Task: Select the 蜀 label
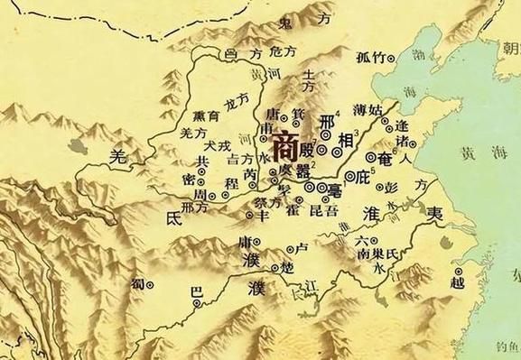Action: point(138,282)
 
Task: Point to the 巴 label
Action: point(192,293)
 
